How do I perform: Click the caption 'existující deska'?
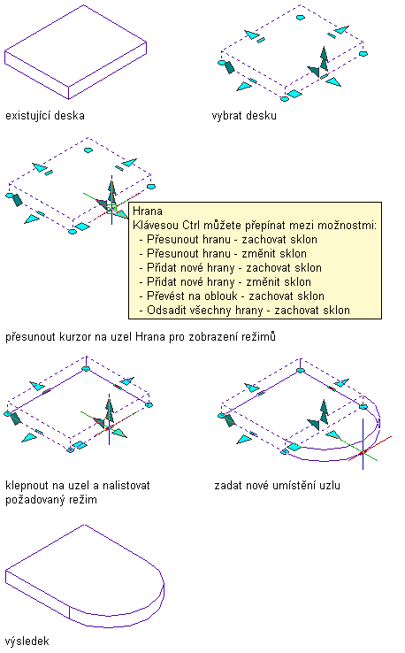pos(45,115)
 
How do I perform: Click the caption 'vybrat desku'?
pos(244,115)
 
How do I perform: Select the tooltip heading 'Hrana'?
pos(148,211)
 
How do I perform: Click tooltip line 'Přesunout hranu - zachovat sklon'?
pos(232,240)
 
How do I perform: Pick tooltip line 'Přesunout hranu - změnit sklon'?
pos(226,254)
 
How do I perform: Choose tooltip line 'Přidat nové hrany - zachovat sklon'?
pos(234,268)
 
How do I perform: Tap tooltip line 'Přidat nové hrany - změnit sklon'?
pos(228,282)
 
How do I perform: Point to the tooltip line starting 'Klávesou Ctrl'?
pos(255,226)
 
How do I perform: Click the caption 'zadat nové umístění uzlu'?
pos(277,485)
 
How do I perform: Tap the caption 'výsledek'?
pos(27,641)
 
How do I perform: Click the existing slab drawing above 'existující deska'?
pos(75,52)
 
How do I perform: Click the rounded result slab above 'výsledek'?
pos(85,576)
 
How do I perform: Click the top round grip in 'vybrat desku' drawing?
pos(300,18)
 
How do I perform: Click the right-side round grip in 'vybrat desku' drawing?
pos(363,53)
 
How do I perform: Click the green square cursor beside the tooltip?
pos(111,208)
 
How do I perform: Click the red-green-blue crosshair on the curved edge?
pos(363,452)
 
